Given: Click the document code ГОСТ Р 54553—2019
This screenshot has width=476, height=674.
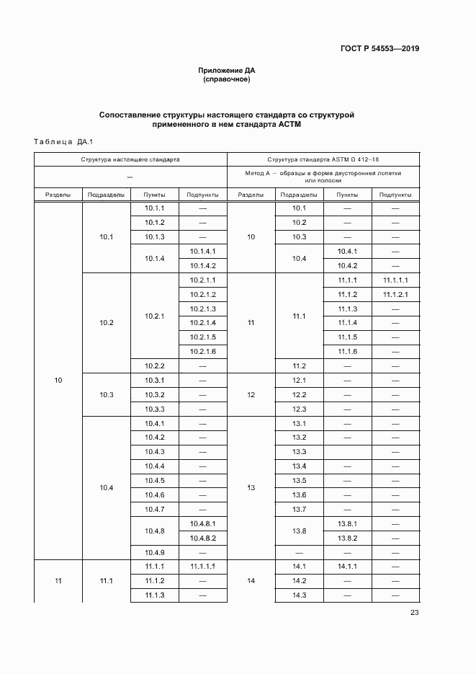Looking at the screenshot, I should click(x=380, y=49).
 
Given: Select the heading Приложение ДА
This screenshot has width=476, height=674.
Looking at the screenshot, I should click(x=227, y=70).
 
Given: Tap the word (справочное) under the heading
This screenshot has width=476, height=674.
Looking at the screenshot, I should click(x=227, y=79).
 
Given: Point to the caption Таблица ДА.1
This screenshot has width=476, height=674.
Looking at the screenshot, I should click(x=64, y=141).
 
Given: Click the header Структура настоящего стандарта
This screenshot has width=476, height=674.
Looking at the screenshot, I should click(x=130, y=159).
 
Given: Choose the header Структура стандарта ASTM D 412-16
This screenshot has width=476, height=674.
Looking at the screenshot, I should click(x=323, y=159).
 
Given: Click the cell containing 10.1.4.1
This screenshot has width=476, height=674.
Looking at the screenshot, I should click(x=202, y=251).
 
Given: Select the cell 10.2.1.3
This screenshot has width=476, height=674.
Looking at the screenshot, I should click(x=202, y=309).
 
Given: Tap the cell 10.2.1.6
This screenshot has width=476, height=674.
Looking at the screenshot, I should click(x=202, y=351).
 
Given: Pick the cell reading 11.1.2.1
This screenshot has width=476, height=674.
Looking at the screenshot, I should click(x=395, y=294).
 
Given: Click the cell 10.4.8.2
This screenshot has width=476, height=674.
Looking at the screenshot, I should click(x=202, y=538).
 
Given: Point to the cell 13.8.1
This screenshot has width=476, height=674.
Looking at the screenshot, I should click(x=347, y=524).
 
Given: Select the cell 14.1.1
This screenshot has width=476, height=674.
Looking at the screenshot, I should click(x=347, y=567).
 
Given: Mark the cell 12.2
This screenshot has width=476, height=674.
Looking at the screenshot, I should click(x=300, y=394).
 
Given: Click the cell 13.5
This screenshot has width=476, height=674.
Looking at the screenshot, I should click(x=300, y=481).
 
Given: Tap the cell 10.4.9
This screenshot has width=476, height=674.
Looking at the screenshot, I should click(x=155, y=552).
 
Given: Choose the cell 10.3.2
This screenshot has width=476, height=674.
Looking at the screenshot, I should click(x=155, y=394).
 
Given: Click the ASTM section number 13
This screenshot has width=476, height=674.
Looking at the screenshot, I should click(x=251, y=488).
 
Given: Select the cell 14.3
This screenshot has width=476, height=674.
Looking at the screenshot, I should click(x=300, y=595).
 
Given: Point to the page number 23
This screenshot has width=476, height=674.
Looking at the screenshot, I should click(x=414, y=613).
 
